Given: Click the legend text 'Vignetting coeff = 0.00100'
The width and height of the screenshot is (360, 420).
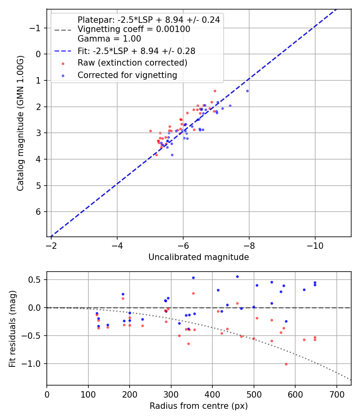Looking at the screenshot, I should (x=134, y=29).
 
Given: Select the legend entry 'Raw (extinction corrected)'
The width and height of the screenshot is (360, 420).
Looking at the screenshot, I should (x=132, y=63).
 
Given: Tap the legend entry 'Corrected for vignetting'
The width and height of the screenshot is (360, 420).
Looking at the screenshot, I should (x=127, y=75).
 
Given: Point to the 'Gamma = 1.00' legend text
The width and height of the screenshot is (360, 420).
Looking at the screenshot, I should (x=109, y=39).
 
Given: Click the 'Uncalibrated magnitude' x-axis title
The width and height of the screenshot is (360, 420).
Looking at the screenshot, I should (x=198, y=257).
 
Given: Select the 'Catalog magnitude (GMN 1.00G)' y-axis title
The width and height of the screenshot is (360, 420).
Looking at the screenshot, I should (x=21, y=123).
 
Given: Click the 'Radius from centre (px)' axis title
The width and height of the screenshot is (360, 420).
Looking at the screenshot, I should (x=198, y=406).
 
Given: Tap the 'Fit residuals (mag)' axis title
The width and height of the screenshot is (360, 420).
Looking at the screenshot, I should (x=12, y=328).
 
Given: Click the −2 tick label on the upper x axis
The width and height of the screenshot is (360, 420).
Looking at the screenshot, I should (x=51, y=244).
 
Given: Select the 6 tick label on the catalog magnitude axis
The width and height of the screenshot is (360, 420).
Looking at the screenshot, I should (x=39, y=212).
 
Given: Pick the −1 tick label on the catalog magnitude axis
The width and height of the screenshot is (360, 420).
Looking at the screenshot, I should (x=36, y=28).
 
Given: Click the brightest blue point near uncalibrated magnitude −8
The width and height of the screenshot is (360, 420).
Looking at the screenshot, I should (x=247, y=91).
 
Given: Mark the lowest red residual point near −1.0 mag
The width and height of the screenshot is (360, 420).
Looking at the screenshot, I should (x=286, y=364).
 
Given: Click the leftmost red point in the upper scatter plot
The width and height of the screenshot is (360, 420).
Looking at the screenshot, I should (x=150, y=131).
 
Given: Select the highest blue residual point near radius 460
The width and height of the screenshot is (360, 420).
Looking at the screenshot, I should (x=237, y=276).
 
